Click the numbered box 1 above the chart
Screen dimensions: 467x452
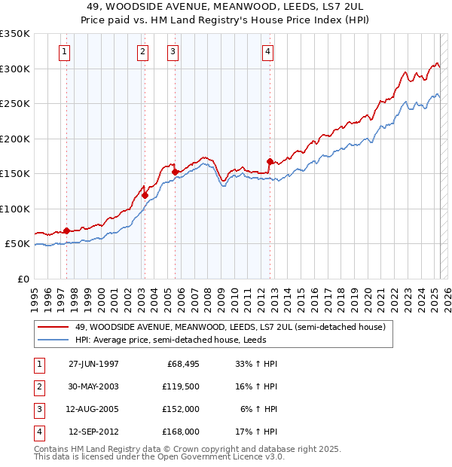[65, 52]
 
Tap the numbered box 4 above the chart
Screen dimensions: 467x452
[267, 52]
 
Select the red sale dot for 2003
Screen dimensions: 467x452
[145, 195]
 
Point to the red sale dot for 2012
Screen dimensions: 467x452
[270, 161]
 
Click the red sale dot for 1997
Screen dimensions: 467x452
[66, 230]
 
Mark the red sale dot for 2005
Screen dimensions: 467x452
[175, 172]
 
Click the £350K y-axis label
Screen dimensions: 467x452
[14, 34]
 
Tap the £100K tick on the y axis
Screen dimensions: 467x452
[14, 209]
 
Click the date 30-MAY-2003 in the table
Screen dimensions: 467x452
[93, 386]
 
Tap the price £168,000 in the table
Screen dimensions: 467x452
[181, 432]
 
